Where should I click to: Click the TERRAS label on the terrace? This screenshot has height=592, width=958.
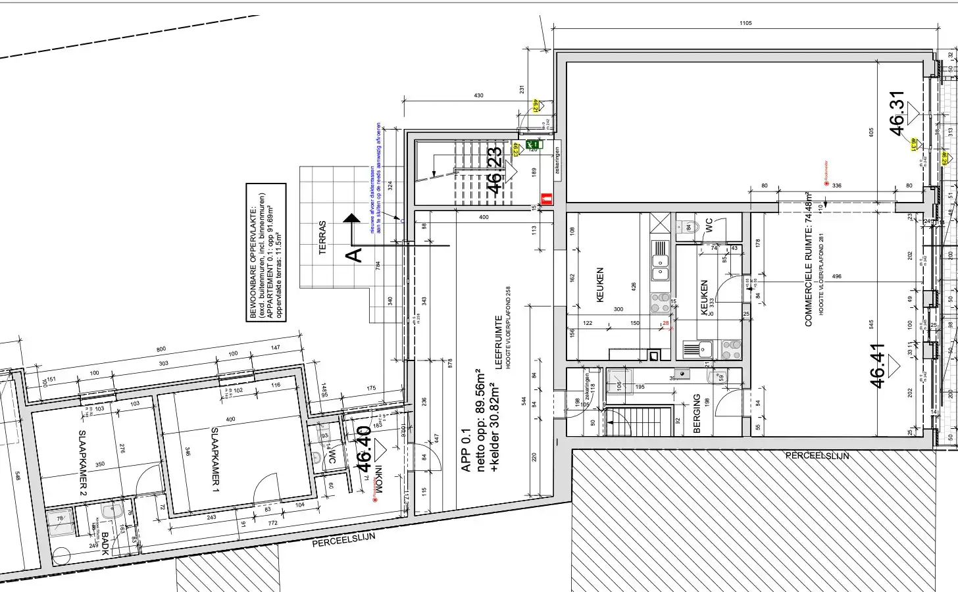(322, 237)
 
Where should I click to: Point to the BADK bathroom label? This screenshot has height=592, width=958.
(105, 543)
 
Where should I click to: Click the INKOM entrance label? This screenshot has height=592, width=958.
(378, 480)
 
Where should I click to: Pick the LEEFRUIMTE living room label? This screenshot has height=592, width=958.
(499, 343)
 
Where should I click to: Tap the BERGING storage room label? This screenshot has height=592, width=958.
(697, 413)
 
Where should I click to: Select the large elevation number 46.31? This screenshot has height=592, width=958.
(897, 113)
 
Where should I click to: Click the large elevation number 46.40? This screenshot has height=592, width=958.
(363, 449)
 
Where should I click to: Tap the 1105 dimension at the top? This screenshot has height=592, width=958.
(745, 24)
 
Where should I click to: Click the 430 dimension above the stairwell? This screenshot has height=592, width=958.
(478, 96)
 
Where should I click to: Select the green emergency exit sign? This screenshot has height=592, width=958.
(533, 144)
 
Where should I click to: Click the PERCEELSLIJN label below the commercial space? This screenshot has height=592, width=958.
(817, 456)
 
